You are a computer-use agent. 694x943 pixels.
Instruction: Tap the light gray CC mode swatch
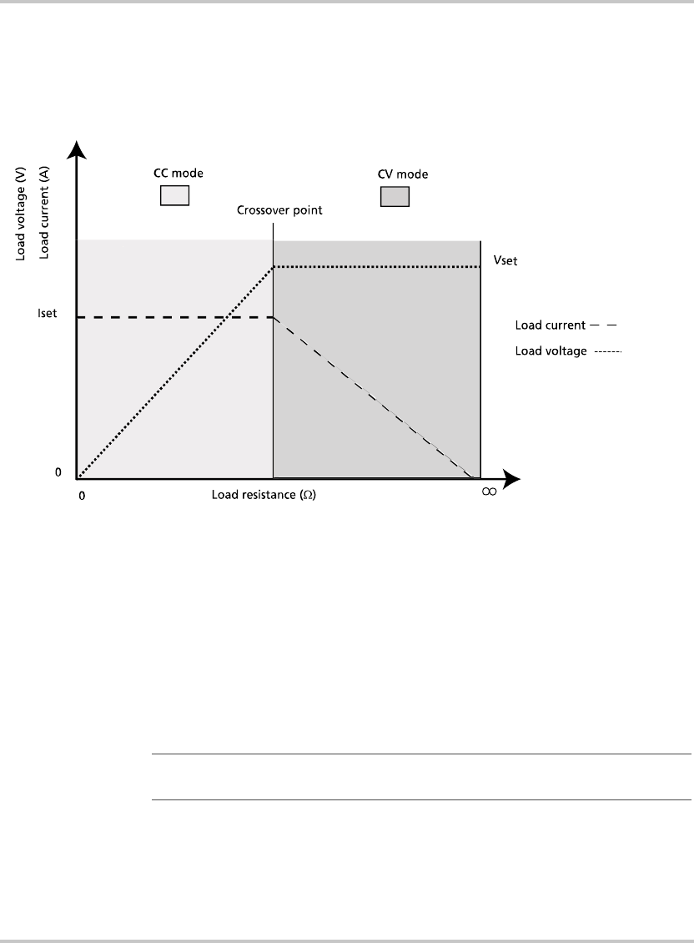coord(174,195)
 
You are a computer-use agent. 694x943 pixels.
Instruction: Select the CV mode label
coord(395,175)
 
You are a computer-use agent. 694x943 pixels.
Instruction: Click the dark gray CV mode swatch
coord(395,196)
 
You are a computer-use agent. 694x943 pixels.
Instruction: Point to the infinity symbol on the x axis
coord(489,492)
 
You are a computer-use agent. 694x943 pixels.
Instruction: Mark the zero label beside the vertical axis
coord(58,472)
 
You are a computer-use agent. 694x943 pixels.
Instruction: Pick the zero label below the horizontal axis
coord(82,494)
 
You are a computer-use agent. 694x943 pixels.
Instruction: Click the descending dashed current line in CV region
coord(375,397)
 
